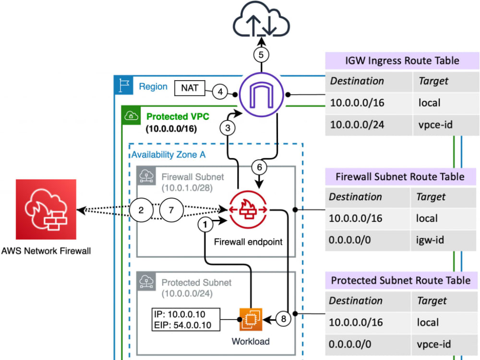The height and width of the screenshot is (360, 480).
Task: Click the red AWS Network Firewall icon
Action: (46, 210)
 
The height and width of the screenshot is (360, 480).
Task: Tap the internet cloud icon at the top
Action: (262, 22)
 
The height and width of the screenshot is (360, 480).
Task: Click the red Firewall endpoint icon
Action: (249, 210)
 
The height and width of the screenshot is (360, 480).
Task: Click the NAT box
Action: (190, 88)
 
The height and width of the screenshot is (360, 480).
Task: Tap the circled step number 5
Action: (261, 55)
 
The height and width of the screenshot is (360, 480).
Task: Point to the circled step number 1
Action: (205, 224)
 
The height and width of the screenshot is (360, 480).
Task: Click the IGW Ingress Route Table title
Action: (401, 61)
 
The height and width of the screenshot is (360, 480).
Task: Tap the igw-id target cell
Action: (430, 239)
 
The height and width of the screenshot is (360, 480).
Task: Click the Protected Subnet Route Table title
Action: (401, 280)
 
